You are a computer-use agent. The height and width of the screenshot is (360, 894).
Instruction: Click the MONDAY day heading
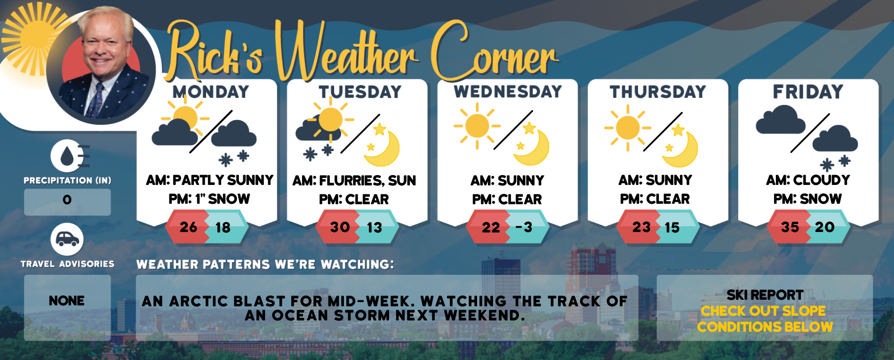click(x=210, y=92)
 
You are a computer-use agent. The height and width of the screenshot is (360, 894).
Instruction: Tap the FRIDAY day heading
click(x=808, y=92)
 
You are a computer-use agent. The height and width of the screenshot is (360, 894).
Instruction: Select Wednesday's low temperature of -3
click(x=524, y=227)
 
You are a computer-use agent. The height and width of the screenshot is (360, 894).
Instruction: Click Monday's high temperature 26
click(x=188, y=227)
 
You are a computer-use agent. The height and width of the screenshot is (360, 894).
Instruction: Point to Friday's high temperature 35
click(x=790, y=227)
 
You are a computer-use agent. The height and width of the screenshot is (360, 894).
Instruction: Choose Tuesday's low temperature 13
click(x=375, y=228)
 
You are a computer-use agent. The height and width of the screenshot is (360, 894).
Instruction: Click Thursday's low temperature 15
click(x=672, y=228)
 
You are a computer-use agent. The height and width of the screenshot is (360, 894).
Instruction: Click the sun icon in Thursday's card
click(x=628, y=128)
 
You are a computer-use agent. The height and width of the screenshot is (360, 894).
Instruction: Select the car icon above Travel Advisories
click(x=67, y=240)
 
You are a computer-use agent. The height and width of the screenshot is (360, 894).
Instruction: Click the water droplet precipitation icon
click(x=67, y=156)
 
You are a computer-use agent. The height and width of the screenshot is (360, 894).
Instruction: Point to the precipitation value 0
click(x=67, y=200)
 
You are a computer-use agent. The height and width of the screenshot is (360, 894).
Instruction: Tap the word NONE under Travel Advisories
click(x=67, y=301)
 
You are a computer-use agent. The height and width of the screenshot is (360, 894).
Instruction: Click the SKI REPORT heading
click(x=765, y=295)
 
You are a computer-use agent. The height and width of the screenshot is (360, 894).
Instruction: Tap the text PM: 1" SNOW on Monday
click(x=209, y=199)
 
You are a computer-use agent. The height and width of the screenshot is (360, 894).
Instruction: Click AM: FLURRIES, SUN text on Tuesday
click(x=354, y=181)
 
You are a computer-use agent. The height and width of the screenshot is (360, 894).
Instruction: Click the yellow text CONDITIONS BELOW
click(x=765, y=327)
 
